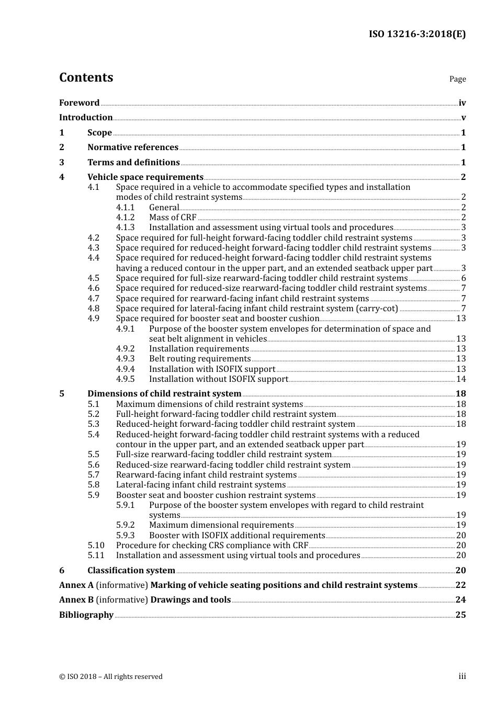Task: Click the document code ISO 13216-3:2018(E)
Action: pyautogui.click(x=417, y=35)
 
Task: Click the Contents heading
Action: pyautogui.click(x=86, y=77)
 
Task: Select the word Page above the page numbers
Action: pyautogui.click(x=457, y=79)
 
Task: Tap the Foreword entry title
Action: pyautogui.click(x=79, y=103)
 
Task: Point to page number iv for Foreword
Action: pyautogui.click(x=462, y=103)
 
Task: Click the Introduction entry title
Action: pyautogui.click(x=86, y=118)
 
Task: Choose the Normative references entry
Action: pyautogui.click(x=133, y=148)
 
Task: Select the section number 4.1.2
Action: pyautogui.click(x=125, y=218)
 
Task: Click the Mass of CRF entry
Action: pyautogui.click(x=173, y=218)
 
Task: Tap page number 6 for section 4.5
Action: pyautogui.click(x=464, y=278)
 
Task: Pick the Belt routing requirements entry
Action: pyautogui.click(x=200, y=359)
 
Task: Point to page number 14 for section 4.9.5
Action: pyautogui.click(x=461, y=379)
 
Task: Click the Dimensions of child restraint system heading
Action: pyautogui.click(x=164, y=394)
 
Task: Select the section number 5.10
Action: pyautogui.click(x=96, y=546)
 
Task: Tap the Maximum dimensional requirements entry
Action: pyautogui.click(x=221, y=525)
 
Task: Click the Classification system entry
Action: pyautogui.click(x=131, y=571)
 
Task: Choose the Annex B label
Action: pyautogui.click(x=76, y=600)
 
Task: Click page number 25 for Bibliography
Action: pyautogui.click(x=460, y=615)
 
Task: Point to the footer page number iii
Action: pyautogui.click(x=462, y=676)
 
